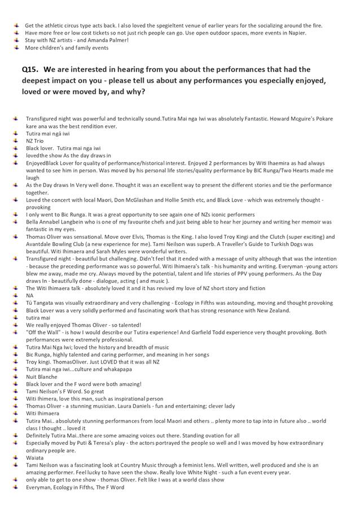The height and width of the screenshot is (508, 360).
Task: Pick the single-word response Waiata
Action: pos(34,458)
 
